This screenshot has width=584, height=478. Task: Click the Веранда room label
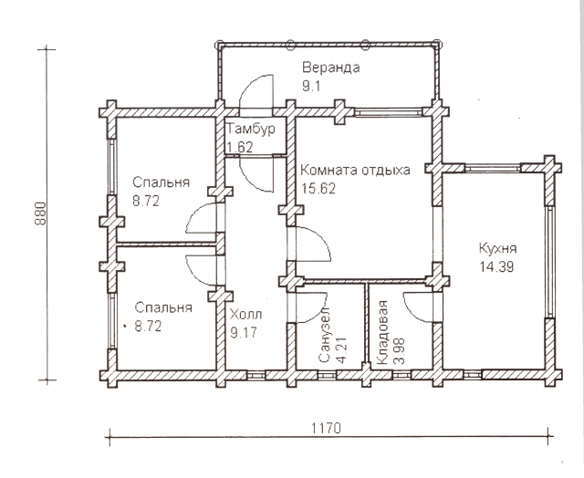click(330, 68)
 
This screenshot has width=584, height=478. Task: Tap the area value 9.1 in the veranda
click(311, 87)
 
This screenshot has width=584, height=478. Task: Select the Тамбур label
click(252, 130)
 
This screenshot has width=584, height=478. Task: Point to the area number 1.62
click(240, 148)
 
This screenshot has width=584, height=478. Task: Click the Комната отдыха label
click(355, 171)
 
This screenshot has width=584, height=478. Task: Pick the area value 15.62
click(318, 188)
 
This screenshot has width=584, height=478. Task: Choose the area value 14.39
click(496, 267)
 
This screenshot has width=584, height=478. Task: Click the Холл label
click(245, 315)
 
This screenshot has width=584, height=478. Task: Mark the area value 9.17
click(244, 332)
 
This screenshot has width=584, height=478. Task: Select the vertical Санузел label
click(325, 335)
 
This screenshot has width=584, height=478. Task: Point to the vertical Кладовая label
click(382, 332)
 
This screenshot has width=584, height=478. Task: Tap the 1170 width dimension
click(327, 428)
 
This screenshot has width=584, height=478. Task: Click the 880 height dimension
click(40, 213)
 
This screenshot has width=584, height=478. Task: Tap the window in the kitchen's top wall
click(493, 168)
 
